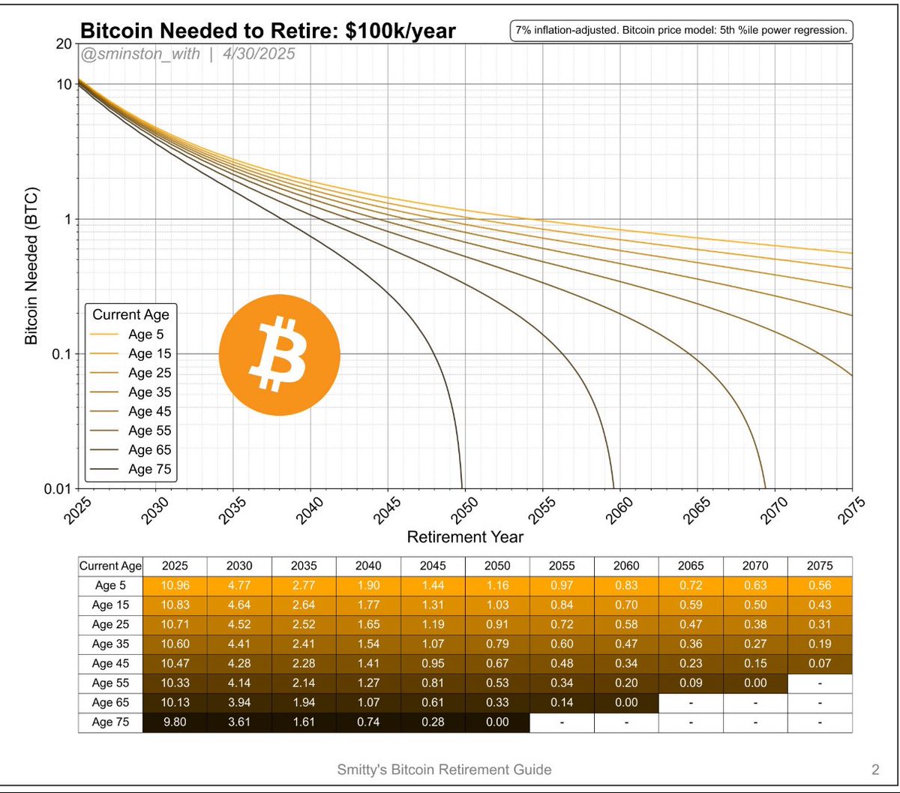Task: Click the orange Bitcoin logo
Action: (x=279, y=354)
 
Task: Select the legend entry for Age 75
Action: (x=149, y=470)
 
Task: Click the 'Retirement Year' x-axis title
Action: (x=465, y=537)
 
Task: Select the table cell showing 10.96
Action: (x=175, y=584)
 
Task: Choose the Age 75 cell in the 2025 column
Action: (x=175, y=721)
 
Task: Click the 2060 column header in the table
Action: (x=626, y=566)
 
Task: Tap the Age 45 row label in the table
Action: (x=110, y=662)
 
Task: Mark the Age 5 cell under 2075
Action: (x=820, y=584)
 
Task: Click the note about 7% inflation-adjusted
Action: (x=681, y=31)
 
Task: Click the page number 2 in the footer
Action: (x=874, y=769)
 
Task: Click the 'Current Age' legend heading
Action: (x=130, y=314)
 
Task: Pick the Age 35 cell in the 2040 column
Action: (x=368, y=643)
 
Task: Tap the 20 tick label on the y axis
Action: (x=63, y=44)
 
